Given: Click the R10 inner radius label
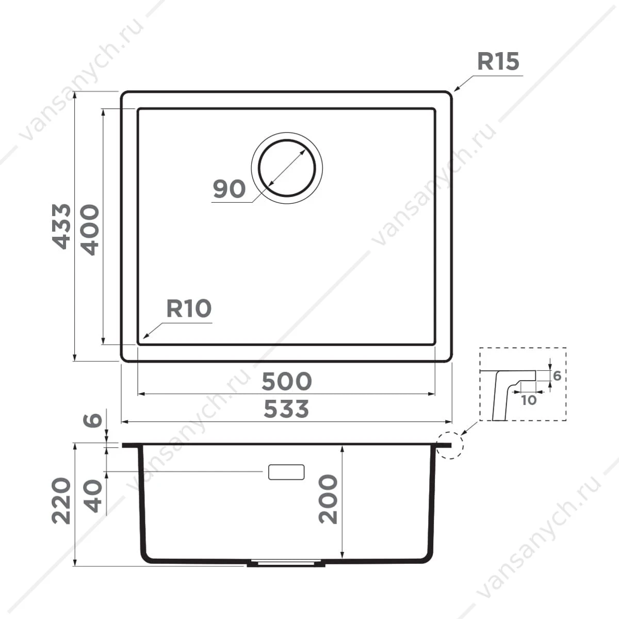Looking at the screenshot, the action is coord(189,308).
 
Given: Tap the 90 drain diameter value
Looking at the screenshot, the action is coord(229,189).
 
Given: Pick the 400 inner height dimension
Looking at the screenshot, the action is coord(90,230).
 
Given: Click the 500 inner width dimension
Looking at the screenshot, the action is coord(286,381).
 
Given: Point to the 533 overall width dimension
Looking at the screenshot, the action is coord(286,409).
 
